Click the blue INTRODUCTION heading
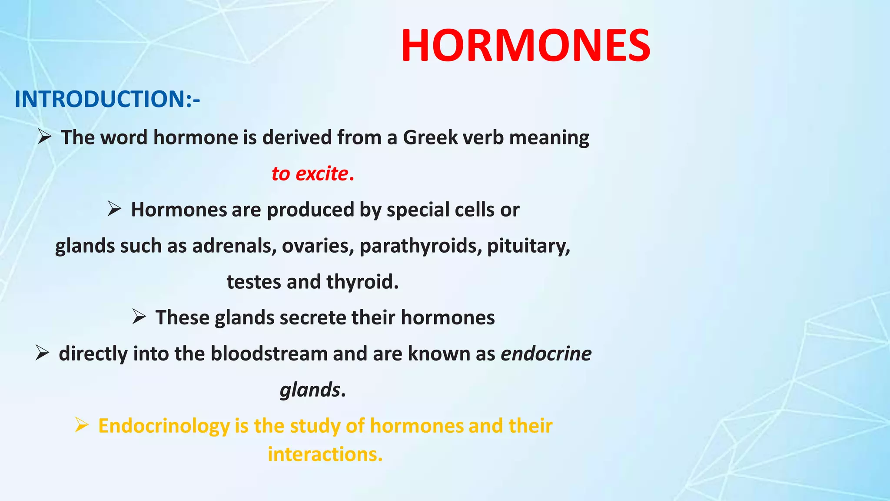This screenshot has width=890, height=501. (x=107, y=99)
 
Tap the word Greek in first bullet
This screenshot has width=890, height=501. (x=430, y=137)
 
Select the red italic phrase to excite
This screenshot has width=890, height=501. (x=310, y=174)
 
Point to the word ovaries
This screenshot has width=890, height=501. (x=318, y=246)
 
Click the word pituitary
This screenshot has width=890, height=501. (x=528, y=246)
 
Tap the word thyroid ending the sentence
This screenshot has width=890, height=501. (x=362, y=282)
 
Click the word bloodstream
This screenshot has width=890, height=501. (x=269, y=354)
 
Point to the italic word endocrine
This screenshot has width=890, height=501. (x=546, y=354)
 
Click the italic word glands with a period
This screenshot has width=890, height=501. (x=310, y=390)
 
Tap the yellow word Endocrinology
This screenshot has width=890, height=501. (x=164, y=426)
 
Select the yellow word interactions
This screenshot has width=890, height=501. (x=324, y=454)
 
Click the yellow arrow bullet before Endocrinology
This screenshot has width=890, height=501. (x=82, y=424)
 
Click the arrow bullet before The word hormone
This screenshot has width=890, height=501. (x=44, y=137)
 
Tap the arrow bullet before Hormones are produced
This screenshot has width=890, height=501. (x=114, y=209)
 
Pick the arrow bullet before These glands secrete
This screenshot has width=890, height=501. (x=139, y=317)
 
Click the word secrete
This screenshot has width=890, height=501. (x=313, y=317)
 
